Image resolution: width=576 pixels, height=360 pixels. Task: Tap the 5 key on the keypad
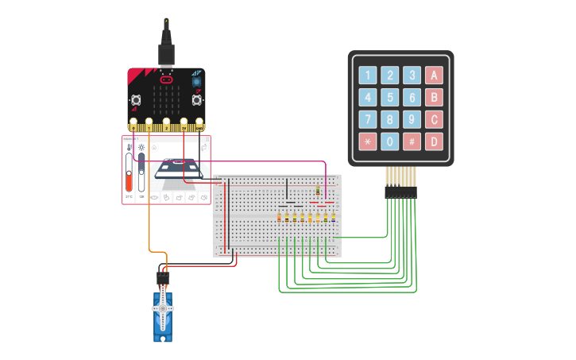pos(389,98)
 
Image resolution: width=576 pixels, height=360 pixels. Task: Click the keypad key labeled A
pos(433,75)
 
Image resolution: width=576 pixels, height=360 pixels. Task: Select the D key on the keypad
pos(433,142)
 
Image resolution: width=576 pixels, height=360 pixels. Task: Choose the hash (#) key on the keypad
pos(412,142)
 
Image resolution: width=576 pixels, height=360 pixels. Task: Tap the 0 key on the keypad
pos(389,142)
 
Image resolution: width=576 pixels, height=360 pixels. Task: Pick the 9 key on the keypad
pos(412,120)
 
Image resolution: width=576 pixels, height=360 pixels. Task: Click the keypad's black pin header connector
pos(400,192)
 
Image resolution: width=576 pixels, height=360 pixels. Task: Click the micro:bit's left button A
pos(136,100)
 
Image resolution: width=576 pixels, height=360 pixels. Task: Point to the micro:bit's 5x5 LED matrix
pos(166,100)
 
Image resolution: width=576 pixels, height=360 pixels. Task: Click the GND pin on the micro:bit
pos(199,123)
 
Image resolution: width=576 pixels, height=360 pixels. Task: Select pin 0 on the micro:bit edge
pos(133,123)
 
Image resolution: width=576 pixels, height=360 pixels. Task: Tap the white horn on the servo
pos(163,307)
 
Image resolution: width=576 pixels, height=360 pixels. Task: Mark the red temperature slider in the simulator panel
pos(129,171)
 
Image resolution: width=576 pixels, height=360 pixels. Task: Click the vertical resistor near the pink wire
pos(319,192)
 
